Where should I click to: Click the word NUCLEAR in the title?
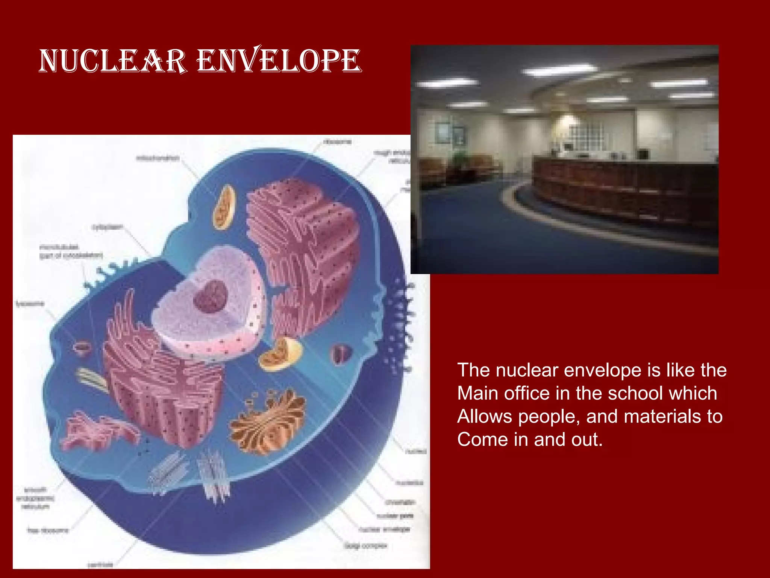pyautogui.click(x=113, y=61)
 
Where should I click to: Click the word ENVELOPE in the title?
pyautogui.click(x=279, y=61)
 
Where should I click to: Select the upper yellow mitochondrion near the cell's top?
pyautogui.click(x=224, y=207)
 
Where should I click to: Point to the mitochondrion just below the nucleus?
pyautogui.click(x=280, y=354)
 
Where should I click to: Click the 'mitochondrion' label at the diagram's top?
pyautogui.click(x=158, y=158)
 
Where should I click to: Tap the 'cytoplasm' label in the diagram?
pyautogui.click(x=107, y=227)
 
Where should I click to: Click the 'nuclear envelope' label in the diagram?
pyautogui.click(x=384, y=529)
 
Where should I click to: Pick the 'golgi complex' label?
pyautogui.click(x=365, y=546)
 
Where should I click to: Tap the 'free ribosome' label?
pyautogui.click(x=48, y=530)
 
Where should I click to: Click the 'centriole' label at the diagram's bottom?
pyautogui.click(x=100, y=564)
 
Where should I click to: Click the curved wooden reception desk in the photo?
pyautogui.click(x=620, y=188)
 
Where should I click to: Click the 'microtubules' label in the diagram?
pyautogui.click(x=59, y=247)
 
